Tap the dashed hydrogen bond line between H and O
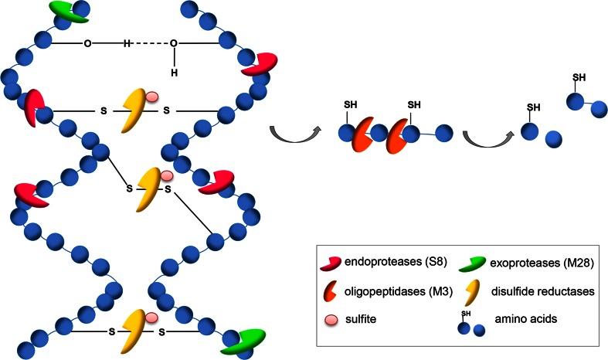coord(150,43)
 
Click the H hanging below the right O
coord(175,73)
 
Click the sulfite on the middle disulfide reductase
coord(167,175)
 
